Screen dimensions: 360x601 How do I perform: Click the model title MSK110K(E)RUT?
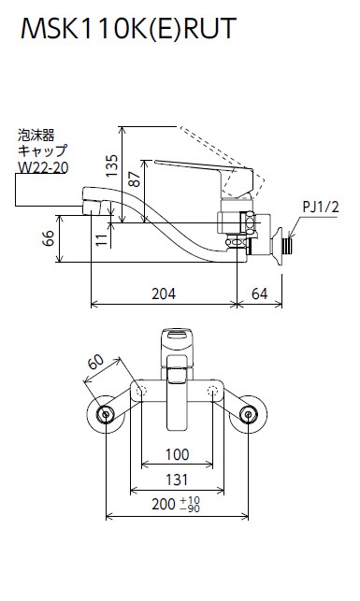(x=128, y=28)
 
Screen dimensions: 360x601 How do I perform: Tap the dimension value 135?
(x=112, y=165)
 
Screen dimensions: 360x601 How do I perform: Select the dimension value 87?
(x=135, y=179)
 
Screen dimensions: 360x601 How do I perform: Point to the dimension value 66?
(x=49, y=238)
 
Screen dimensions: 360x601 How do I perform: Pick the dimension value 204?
(x=164, y=294)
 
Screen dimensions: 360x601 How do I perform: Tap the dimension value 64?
(x=260, y=294)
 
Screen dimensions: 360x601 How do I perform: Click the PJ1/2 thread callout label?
(x=321, y=207)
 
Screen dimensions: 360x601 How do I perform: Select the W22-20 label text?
(x=43, y=167)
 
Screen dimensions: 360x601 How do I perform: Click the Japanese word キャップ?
(x=42, y=150)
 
